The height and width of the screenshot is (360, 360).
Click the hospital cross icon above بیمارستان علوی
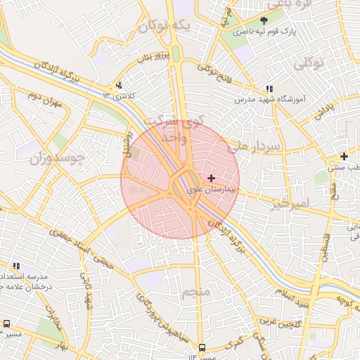coord(211,179)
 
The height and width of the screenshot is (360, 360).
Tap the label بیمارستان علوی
coord(214,190)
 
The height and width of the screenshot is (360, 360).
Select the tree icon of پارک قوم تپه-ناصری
coord(264,20)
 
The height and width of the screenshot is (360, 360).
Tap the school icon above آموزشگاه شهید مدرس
coord(269,89)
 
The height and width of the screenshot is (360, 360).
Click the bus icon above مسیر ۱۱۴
coord(202,347)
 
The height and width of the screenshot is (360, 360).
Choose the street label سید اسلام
coord(291,297)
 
